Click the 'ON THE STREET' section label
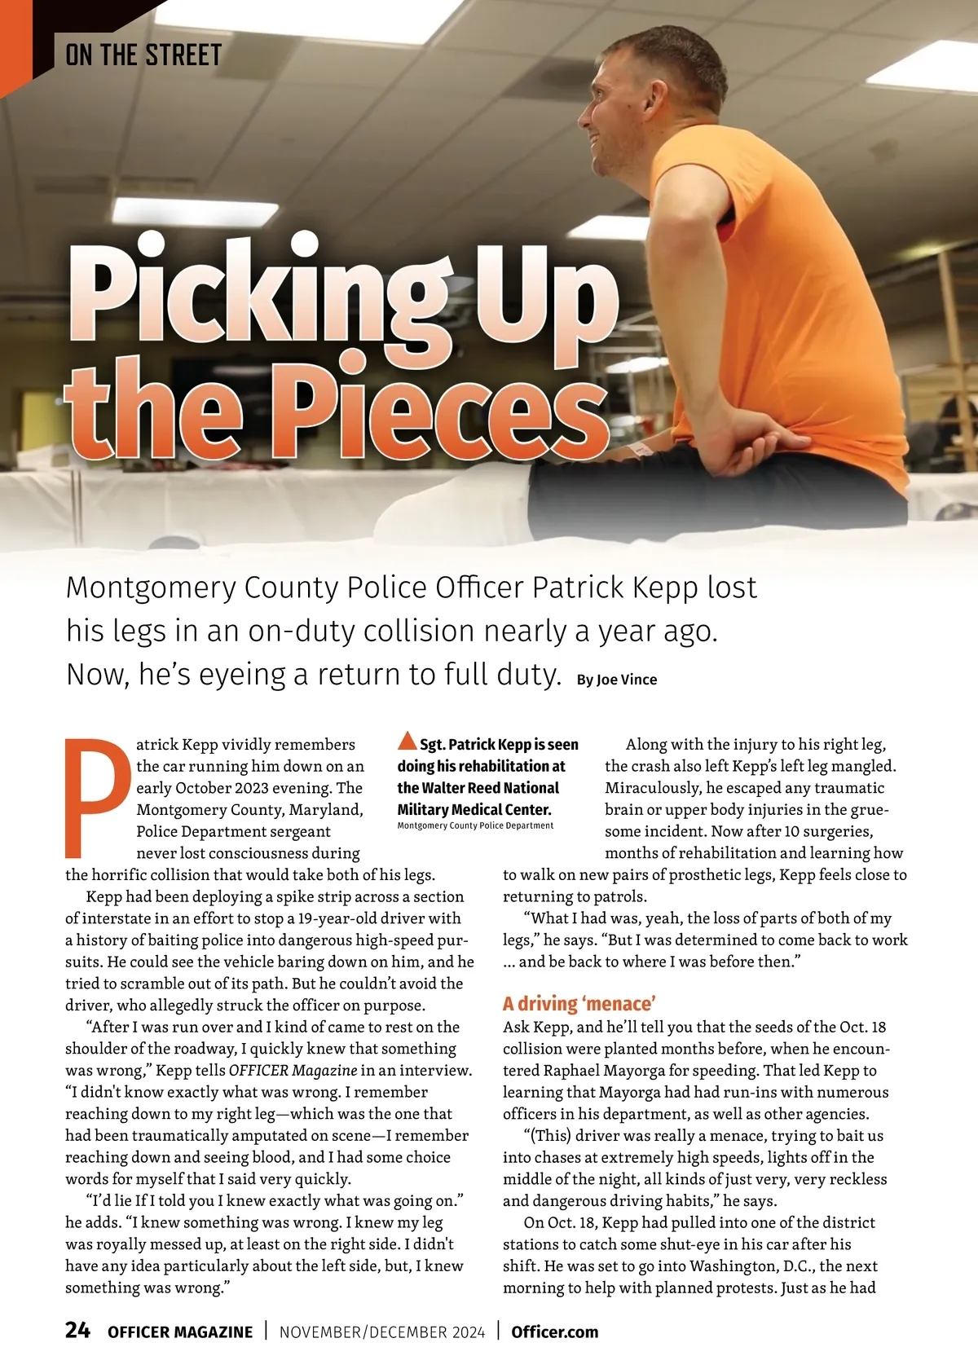click(x=143, y=55)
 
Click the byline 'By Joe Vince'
click(x=616, y=680)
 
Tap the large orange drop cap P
click(x=96, y=797)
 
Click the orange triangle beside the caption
click(x=407, y=741)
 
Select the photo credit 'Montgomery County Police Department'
click(x=475, y=826)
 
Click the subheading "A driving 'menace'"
click(x=579, y=1003)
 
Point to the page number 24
click(x=77, y=1330)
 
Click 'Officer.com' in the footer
click(x=554, y=1332)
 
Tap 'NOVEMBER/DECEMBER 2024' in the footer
click(x=382, y=1332)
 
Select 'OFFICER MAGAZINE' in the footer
click(x=180, y=1332)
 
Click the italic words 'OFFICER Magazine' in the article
click(x=293, y=1070)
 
